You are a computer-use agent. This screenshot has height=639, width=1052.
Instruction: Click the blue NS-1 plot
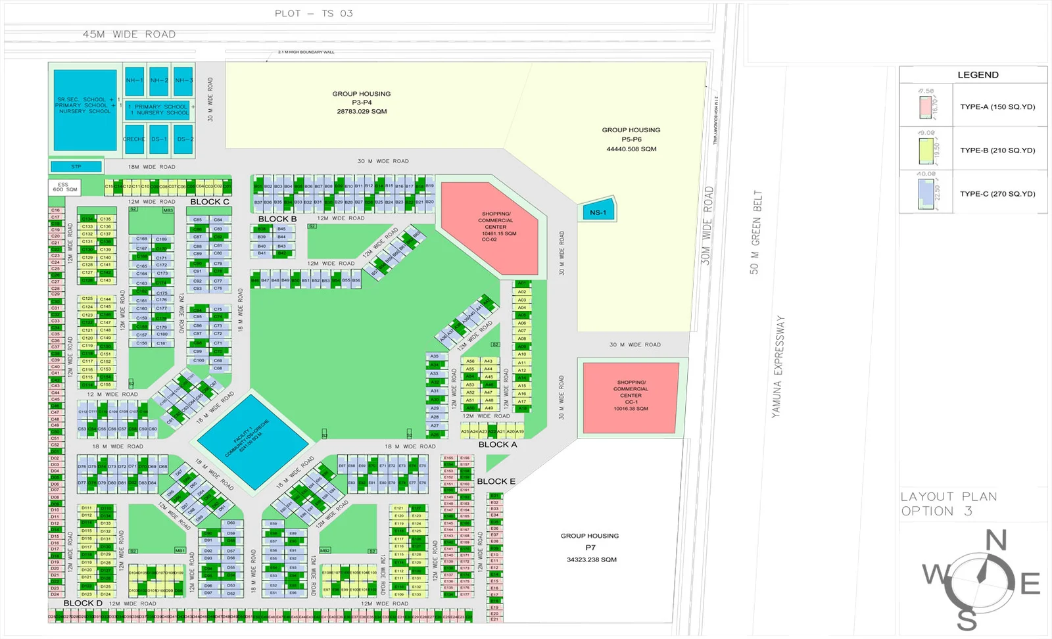pyautogui.click(x=598, y=212)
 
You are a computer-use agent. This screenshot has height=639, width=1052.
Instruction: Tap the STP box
pyautogui.click(x=76, y=167)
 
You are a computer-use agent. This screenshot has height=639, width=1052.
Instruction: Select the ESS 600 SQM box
pyautogui.click(x=64, y=187)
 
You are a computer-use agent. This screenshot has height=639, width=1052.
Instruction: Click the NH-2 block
pyautogui.click(x=158, y=81)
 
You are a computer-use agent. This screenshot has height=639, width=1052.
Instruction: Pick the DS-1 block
pyautogui.click(x=158, y=139)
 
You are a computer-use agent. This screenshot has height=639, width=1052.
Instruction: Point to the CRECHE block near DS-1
pyautogui.click(x=134, y=139)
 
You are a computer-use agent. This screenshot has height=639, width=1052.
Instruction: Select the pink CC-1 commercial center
pyautogui.click(x=631, y=397)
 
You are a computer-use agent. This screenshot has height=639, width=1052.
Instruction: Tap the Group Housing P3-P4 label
pyautogui.click(x=362, y=103)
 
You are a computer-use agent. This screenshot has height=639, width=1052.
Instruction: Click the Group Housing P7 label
pyautogui.click(x=590, y=547)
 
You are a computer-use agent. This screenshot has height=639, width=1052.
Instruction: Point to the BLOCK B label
pyautogui.click(x=277, y=219)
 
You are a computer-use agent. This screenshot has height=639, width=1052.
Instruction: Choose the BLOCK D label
pyautogui.click(x=83, y=603)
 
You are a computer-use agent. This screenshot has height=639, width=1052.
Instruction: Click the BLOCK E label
pyautogui.click(x=496, y=481)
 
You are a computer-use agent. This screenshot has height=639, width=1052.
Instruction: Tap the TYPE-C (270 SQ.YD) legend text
pyautogui.click(x=997, y=194)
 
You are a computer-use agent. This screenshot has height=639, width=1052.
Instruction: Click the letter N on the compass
pyautogui.click(x=996, y=541)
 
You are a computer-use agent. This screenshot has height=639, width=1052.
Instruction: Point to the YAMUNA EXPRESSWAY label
pyautogui.click(x=778, y=366)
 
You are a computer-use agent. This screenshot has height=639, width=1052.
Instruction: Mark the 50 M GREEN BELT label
pyautogui.click(x=755, y=232)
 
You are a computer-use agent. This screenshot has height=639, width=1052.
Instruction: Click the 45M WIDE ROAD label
pyautogui.click(x=129, y=34)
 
